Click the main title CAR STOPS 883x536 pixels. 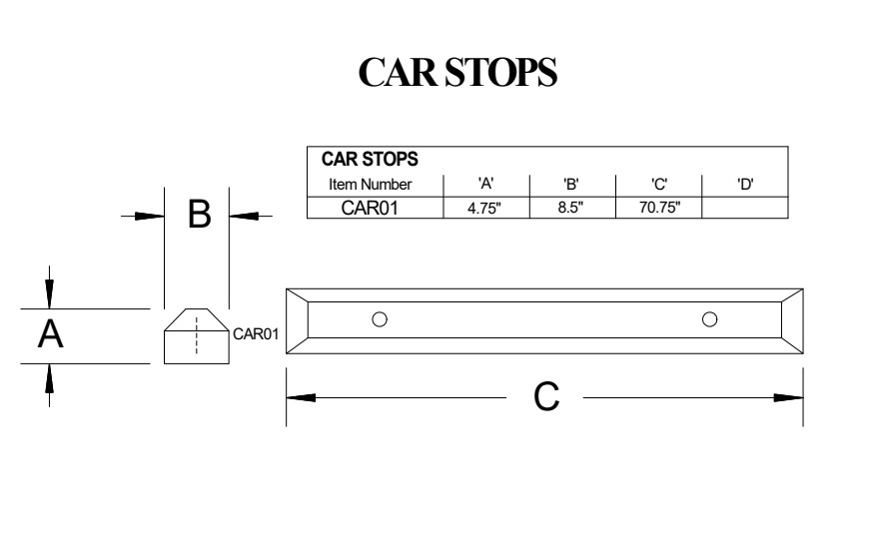(457, 72)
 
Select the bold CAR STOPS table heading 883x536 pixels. (370, 159)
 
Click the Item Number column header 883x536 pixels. (370, 184)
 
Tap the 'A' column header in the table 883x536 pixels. (486, 184)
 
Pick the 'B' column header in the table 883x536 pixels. (571, 184)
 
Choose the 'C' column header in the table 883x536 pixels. (659, 184)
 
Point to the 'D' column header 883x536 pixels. (745, 184)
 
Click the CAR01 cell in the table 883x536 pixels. (370, 208)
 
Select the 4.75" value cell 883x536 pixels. (484, 208)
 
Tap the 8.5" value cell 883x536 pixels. (570, 208)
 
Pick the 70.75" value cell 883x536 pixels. (659, 208)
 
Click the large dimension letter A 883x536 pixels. (50, 334)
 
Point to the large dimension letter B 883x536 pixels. (199, 215)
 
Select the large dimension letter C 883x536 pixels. (546, 397)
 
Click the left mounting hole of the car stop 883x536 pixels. (380, 319)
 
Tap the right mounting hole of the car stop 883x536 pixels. (709, 319)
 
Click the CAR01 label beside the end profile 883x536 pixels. (256, 334)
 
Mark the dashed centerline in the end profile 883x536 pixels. (197, 335)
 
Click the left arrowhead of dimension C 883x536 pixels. (301, 397)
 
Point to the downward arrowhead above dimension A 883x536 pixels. (50, 293)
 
